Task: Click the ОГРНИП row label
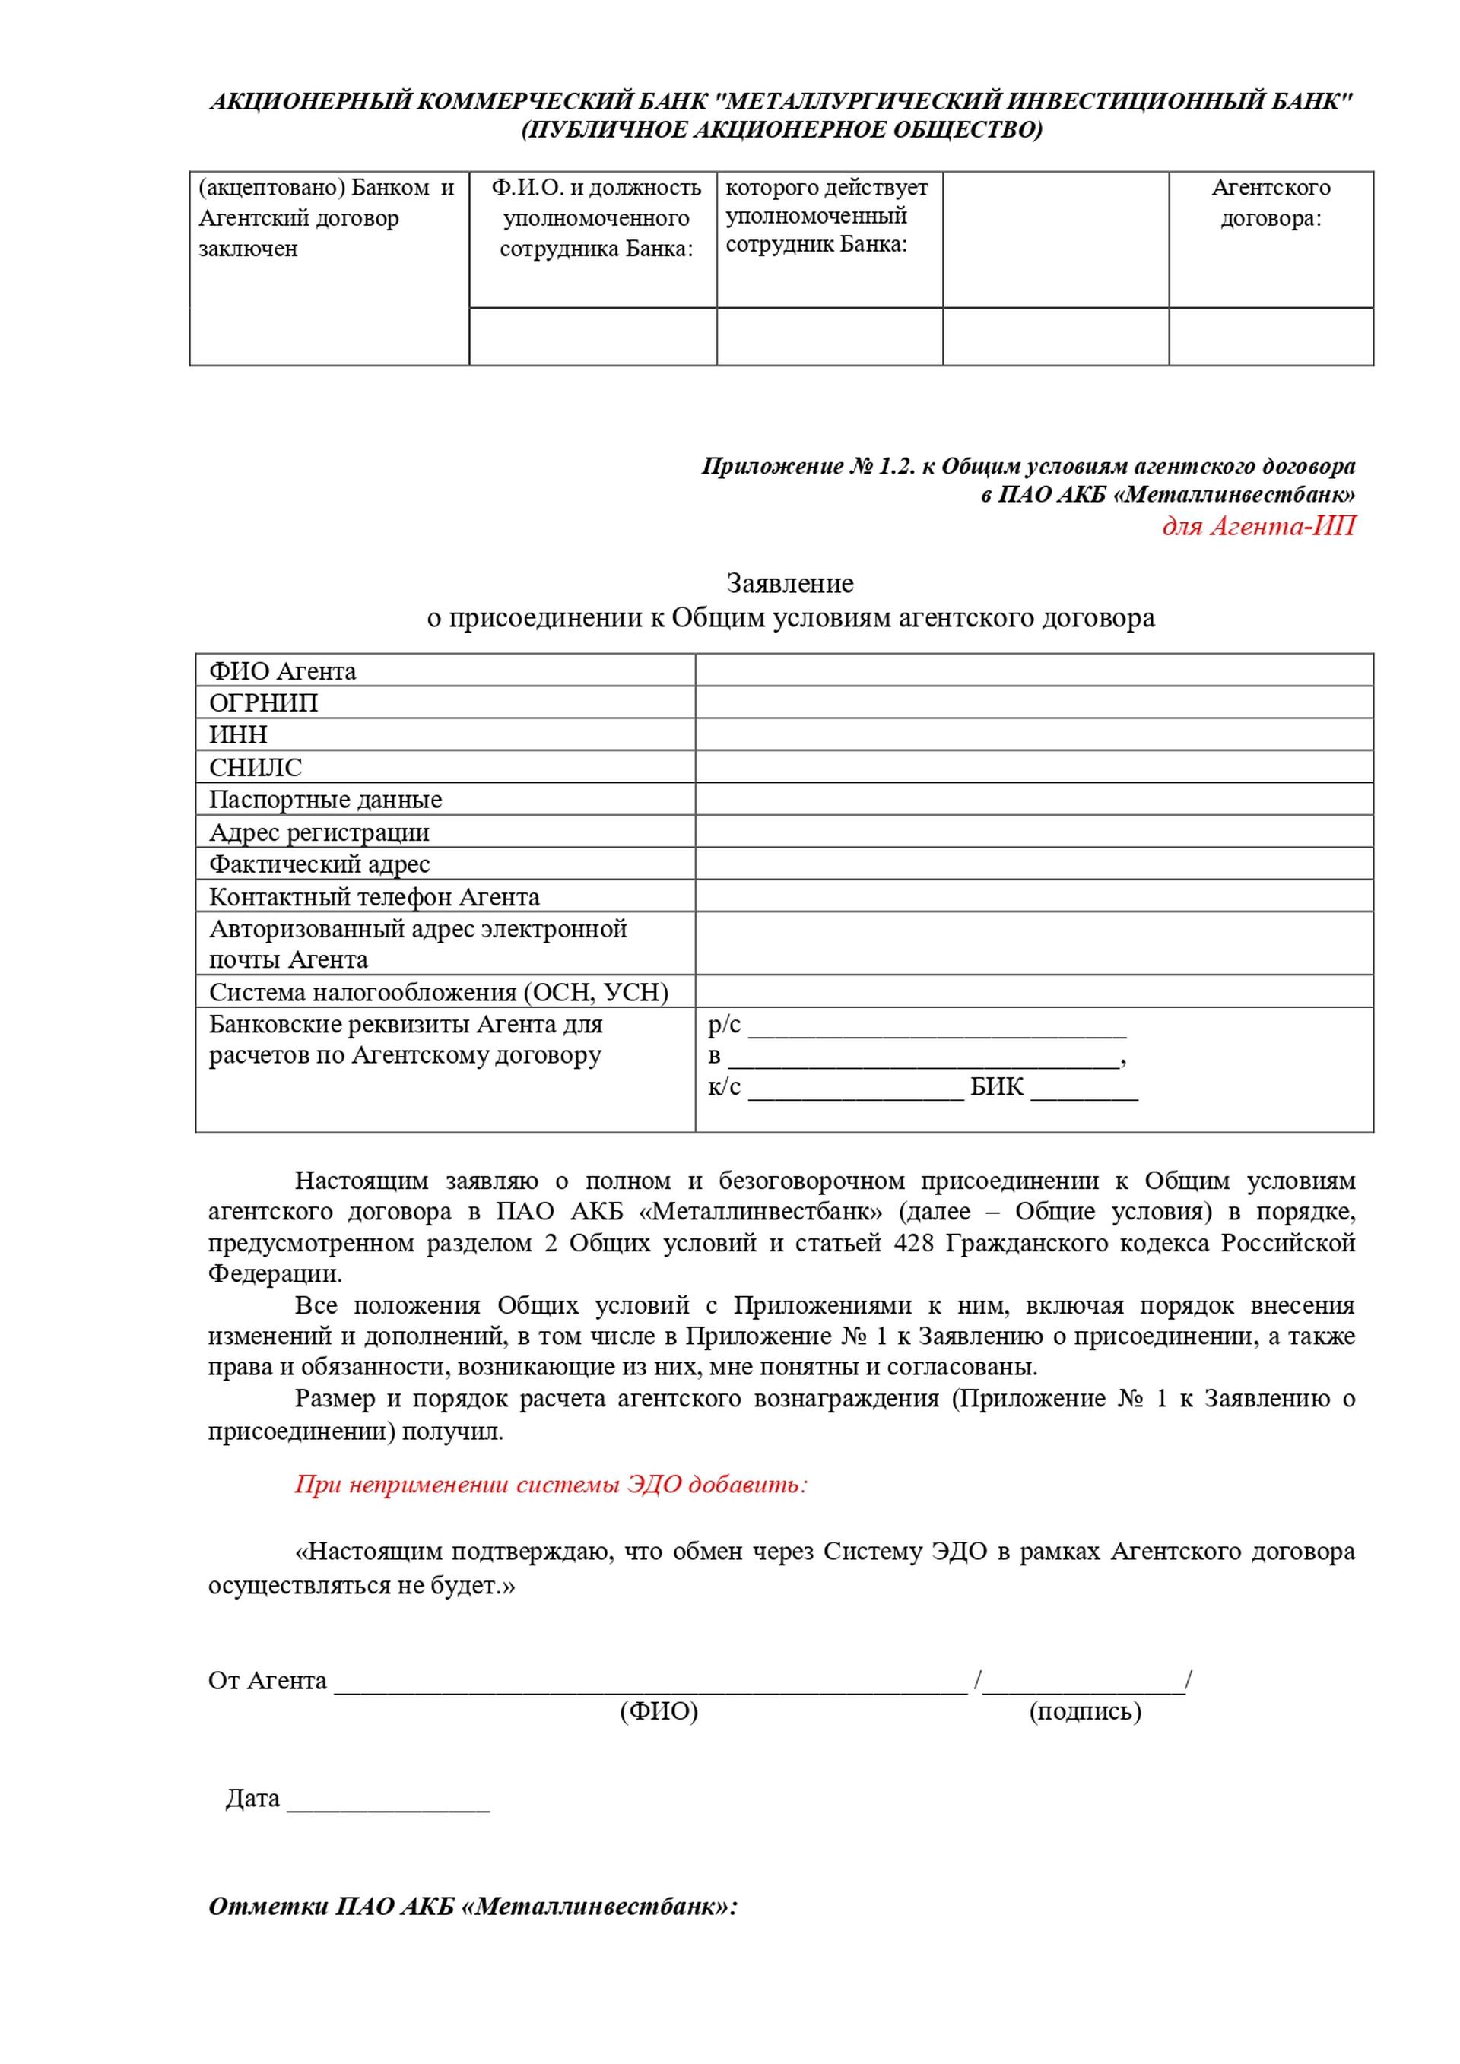[x=263, y=702]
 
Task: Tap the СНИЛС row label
[x=255, y=767]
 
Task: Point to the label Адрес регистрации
[x=319, y=832]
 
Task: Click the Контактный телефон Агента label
[x=374, y=896]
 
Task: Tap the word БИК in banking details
[x=996, y=1087]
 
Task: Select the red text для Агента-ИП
[x=1258, y=525]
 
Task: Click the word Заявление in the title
[x=789, y=583]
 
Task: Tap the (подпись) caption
[x=1084, y=1710]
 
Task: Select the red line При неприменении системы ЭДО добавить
[x=551, y=1484]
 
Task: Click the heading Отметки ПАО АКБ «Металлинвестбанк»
[x=472, y=1907]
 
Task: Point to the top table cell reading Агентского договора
[x=1271, y=202]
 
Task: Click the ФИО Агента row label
[x=282, y=671]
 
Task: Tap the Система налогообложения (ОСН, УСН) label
[x=439, y=991]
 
